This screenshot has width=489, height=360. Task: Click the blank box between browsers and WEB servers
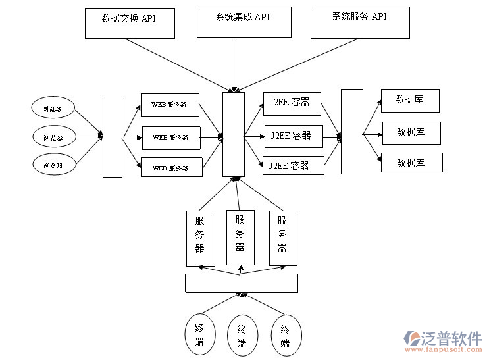(x=113, y=136)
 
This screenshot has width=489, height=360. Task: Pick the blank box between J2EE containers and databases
(x=351, y=132)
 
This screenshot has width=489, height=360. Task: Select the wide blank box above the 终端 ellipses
(x=241, y=283)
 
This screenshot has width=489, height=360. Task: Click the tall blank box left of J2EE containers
(x=234, y=134)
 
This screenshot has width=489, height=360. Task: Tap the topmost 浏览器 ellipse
(x=53, y=108)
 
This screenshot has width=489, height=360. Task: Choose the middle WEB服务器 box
(x=171, y=138)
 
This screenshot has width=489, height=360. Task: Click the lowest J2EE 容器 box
(x=293, y=165)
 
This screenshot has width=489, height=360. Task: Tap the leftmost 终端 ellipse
(x=199, y=336)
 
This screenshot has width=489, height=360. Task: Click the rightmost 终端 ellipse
(x=285, y=336)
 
